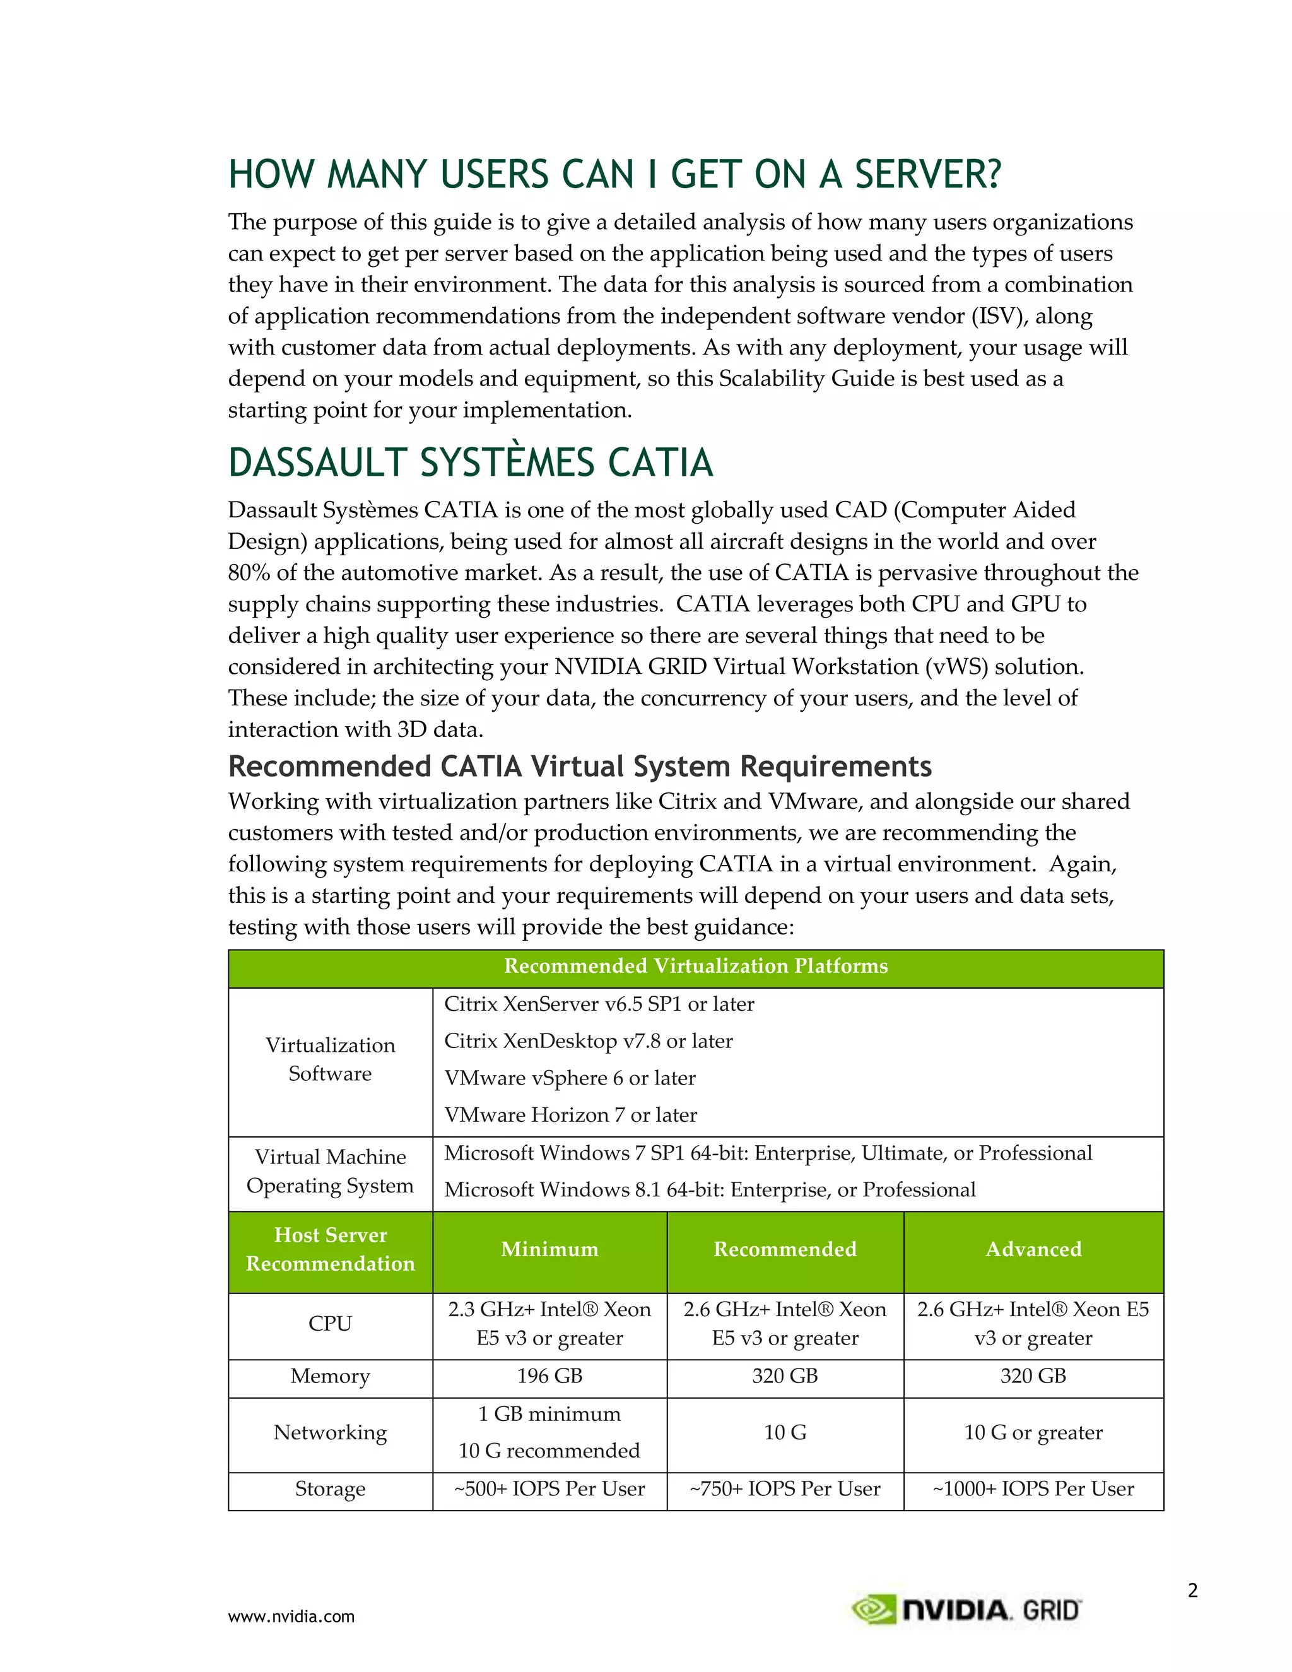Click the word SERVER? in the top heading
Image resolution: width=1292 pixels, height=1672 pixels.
tap(927, 175)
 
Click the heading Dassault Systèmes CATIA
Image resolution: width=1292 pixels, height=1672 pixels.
tap(470, 463)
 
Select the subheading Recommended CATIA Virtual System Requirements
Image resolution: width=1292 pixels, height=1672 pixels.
tap(579, 767)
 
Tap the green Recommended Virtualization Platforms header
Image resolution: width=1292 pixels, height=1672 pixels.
tap(695, 966)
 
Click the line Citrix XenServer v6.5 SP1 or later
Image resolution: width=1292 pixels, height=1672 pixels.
tap(599, 1004)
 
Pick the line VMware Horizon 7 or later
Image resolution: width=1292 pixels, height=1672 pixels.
tap(570, 1115)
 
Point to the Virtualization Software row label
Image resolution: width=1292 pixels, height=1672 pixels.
tap(330, 1059)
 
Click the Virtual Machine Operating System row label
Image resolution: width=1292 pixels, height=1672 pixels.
tap(330, 1171)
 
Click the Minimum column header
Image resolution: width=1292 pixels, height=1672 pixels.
tap(549, 1249)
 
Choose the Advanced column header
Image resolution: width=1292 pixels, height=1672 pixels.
tap(1033, 1249)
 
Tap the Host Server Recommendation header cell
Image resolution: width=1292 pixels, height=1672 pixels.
tap(330, 1249)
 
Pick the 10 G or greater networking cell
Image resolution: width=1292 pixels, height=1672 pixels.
tap(1033, 1432)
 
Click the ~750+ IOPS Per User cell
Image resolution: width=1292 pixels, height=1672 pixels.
tap(785, 1489)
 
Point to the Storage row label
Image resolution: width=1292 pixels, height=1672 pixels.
tap(330, 1489)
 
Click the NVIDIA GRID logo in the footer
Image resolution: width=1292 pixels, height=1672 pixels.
tap(966, 1610)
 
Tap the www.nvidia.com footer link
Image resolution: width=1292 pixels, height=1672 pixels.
tap(291, 1617)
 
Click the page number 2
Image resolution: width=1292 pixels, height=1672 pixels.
tap(1192, 1591)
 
